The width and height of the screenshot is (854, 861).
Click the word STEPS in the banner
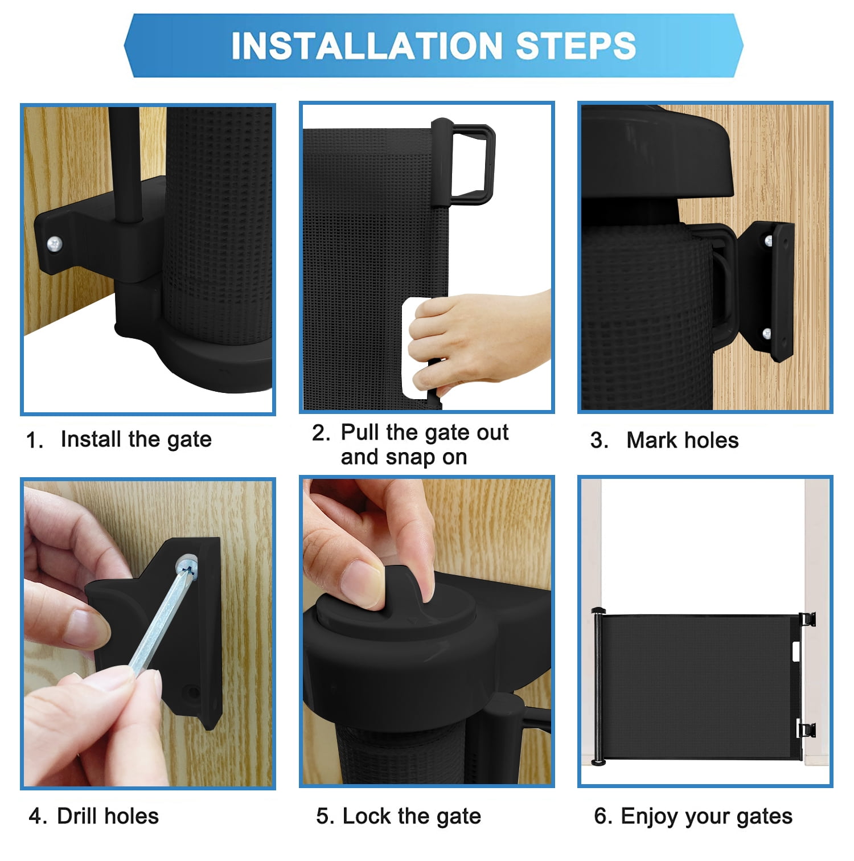[576, 46]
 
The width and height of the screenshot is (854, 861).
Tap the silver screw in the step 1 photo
[55, 244]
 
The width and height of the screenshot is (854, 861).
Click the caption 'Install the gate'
[136, 440]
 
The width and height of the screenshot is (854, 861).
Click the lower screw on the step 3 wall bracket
[767, 334]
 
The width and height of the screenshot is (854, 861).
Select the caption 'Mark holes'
[682, 440]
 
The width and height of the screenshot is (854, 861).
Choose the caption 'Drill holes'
[108, 816]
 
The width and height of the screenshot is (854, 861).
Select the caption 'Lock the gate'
[412, 817]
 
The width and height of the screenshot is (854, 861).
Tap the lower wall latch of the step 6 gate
[806, 729]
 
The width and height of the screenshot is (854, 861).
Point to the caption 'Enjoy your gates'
[707, 817]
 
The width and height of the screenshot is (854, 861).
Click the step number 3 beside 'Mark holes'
[598, 441]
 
